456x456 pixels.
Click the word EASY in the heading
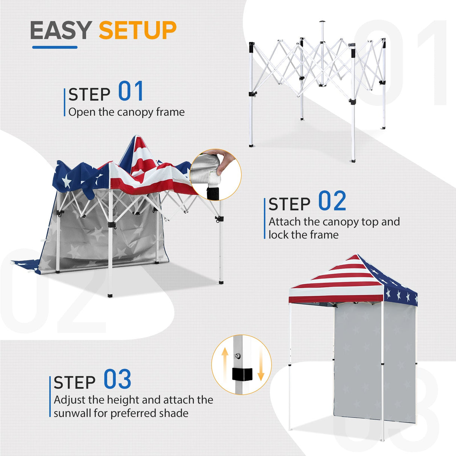61,30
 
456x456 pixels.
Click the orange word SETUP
137,30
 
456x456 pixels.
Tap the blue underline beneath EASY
55,47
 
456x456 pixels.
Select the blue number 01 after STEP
131,92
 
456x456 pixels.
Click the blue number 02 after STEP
332,201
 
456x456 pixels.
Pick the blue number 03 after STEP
117,379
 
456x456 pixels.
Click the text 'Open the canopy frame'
126,112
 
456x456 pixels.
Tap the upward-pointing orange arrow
225,361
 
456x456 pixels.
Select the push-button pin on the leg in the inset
238,355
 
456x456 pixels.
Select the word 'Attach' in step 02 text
284,222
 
